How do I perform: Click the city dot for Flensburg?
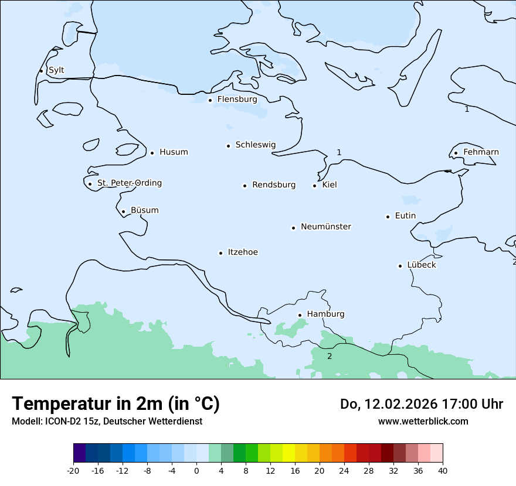pyautogui.click(x=210, y=100)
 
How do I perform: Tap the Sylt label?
pyautogui.click(x=56, y=70)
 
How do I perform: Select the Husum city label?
pyautogui.click(x=174, y=152)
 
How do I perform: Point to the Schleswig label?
pyautogui.click(x=255, y=145)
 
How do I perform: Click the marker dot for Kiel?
pyautogui.click(x=314, y=186)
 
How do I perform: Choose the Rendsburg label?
pyautogui.click(x=274, y=185)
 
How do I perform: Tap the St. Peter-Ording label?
pyautogui.click(x=129, y=183)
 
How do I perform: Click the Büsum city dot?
pyautogui.click(x=123, y=211)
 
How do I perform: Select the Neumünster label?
pyautogui.click(x=326, y=227)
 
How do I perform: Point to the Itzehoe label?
pyautogui.click(x=243, y=252)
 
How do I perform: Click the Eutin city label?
pyautogui.click(x=405, y=216)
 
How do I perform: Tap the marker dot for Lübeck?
pyautogui.click(x=400, y=266)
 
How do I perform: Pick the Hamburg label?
pyautogui.click(x=325, y=314)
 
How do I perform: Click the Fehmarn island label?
pyautogui.click(x=481, y=152)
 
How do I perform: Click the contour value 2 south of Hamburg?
pyautogui.click(x=330, y=356)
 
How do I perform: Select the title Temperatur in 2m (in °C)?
pyautogui.click(x=116, y=404)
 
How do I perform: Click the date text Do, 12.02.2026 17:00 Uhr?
pyautogui.click(x=422, y=404)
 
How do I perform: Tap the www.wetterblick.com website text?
pyautogui.click(x=423, y=422)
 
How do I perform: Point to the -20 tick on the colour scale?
pyautogui.click(x=73, y=470)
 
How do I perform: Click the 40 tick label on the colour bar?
pyautogui.click(x=443, y=470)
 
